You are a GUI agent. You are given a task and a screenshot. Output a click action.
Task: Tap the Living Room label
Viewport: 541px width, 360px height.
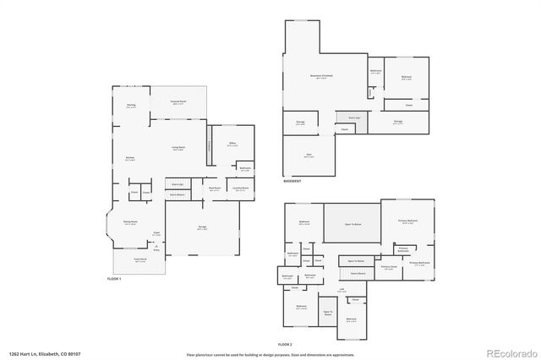[x=179, y=149]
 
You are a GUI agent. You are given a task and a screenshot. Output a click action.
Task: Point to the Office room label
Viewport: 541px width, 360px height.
[x=232, y=145]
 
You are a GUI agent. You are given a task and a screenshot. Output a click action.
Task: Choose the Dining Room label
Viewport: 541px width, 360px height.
[x=131, y=221]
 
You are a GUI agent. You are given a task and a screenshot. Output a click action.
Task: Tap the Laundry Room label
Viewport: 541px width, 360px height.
[x=240, y=188]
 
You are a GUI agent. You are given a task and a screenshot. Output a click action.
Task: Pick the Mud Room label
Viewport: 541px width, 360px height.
[x=216, y=188]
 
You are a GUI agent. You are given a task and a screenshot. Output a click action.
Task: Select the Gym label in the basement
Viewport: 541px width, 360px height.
[x=309, y=155]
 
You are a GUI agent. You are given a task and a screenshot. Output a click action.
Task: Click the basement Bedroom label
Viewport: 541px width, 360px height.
[x=406, y=77]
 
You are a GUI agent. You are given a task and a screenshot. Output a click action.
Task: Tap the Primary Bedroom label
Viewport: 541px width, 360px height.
[x=408, y=221]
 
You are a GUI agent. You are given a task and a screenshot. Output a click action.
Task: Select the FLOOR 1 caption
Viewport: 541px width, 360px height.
[x=114, y=279]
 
